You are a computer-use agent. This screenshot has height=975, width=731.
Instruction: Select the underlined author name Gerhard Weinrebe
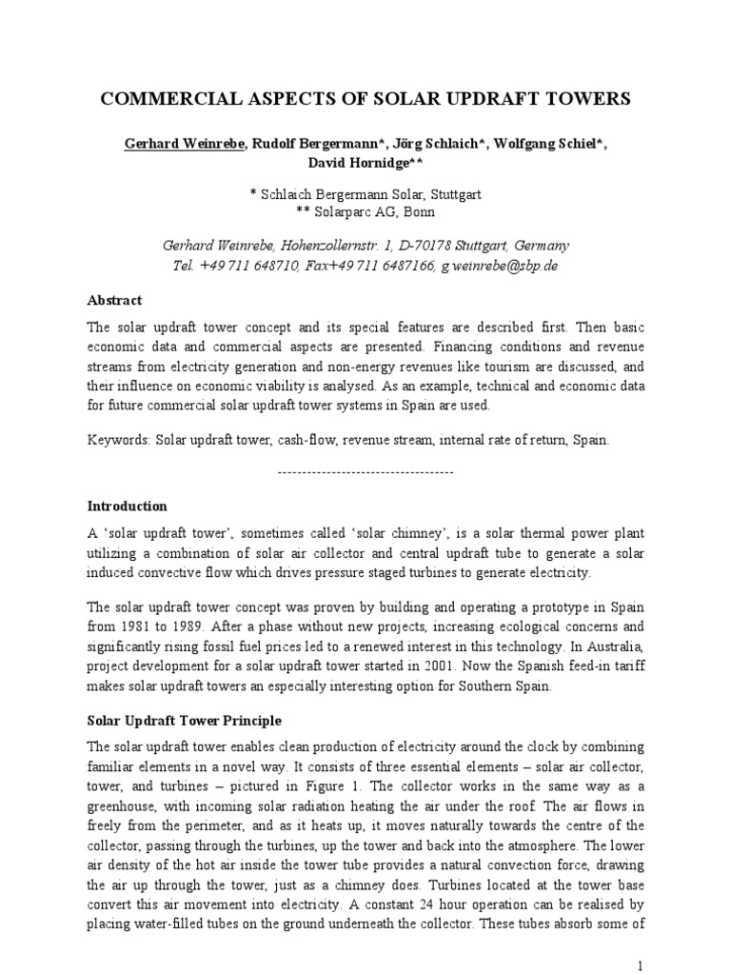182,144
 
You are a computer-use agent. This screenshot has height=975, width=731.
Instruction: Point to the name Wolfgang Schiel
552,144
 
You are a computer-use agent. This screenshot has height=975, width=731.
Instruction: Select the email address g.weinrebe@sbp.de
499,266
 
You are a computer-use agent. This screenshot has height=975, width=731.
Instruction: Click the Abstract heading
114,300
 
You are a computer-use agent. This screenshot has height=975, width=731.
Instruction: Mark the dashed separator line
365,472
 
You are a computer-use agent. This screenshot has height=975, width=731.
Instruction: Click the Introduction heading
127,506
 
